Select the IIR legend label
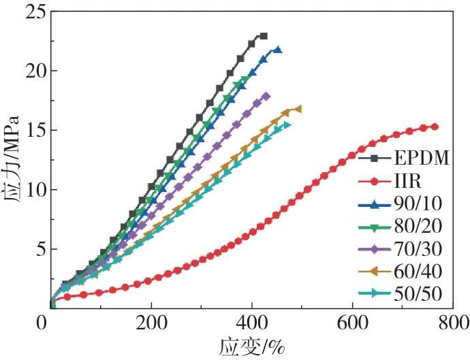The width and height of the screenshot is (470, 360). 406,182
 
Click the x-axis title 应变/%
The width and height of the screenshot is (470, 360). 251,346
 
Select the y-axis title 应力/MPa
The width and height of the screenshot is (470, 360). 12,160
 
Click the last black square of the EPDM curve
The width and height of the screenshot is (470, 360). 264,36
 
